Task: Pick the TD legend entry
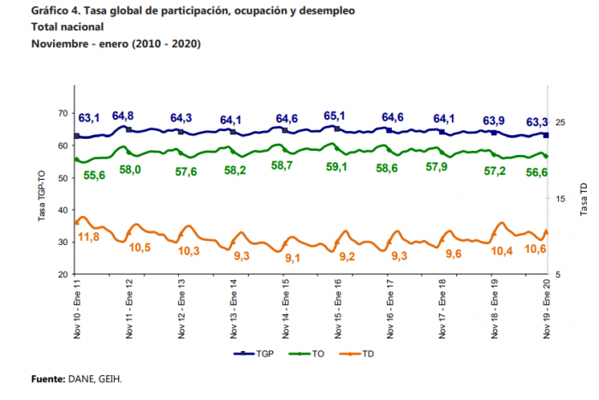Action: [359, 353]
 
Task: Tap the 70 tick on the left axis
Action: [62, 114]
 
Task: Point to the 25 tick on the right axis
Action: [561, 123]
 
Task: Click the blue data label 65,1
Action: [335, 116]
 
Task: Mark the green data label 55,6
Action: [92, 175]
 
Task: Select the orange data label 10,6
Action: [536, 248]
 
